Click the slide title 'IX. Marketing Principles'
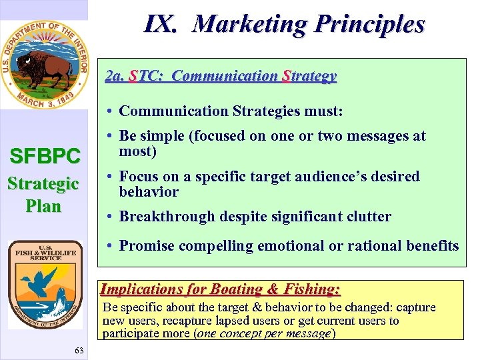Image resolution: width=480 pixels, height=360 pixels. point(284,25)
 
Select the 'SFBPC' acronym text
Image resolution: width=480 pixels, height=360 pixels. point(44,157)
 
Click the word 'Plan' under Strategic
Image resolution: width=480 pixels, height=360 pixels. point(44,205)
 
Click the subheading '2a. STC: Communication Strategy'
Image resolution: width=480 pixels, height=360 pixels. point(221,77)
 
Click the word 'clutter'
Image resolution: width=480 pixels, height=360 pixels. point(367,216)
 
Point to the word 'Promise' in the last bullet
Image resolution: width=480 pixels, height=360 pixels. point(147,246)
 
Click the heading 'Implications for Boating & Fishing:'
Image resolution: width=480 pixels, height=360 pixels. point(220,289)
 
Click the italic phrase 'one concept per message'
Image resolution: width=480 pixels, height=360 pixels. point(264,333)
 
